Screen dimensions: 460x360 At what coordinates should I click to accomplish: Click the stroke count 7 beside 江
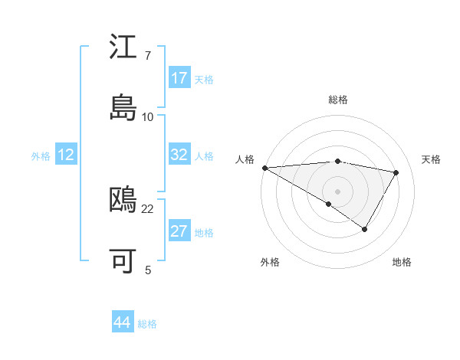(148, 57)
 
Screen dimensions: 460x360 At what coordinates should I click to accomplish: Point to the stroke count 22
(148, 208)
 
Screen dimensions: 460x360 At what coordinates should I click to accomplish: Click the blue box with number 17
(179, 78)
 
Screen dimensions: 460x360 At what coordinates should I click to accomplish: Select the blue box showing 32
(179, 155)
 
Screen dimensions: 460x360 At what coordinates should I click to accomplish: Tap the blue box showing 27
(179, 231)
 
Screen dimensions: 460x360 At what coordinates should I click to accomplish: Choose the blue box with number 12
(66, 155)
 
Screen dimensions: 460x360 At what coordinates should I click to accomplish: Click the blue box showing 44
(123, 322)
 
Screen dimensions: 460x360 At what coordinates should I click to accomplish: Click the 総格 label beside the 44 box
(148, 324)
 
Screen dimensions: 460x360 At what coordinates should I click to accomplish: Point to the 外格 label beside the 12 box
(41, 156)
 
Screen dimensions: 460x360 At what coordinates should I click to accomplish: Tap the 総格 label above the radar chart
(338, 100)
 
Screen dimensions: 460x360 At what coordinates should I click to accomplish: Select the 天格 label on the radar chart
(432, 159)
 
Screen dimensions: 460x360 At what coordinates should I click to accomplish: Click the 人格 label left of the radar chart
(244, 159)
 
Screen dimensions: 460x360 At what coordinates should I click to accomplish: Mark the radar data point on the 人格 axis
(264, 167)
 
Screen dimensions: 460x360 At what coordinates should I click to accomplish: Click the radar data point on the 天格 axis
(396, 172)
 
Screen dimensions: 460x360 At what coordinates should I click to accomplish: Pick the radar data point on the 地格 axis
(365, 229)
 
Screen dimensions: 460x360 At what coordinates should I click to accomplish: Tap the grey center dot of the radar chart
(337, 191)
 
